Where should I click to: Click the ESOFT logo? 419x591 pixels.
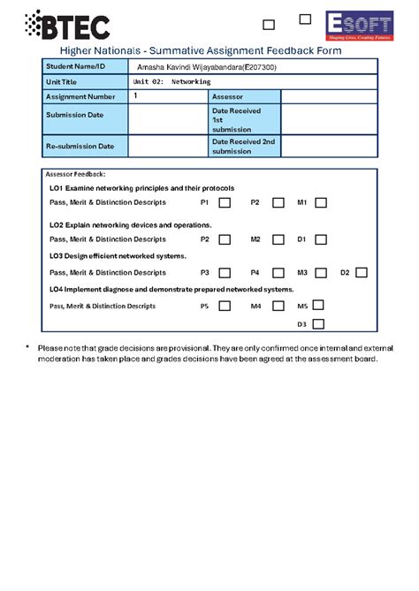(x=358, y=27)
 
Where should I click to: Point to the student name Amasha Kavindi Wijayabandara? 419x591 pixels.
(x=211, y=67)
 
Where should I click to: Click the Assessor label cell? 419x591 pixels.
(x=243, y=96)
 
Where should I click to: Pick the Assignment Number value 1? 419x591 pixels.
(x=135, y=95)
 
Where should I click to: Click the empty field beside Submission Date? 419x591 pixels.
(x=167, y=117)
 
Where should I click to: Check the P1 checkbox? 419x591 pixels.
(x=225, y=203)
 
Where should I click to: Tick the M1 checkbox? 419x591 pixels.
(x=321, y=203)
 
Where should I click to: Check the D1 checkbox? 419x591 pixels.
(x=321, y=239)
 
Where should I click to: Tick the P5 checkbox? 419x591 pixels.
(x=225, y=306)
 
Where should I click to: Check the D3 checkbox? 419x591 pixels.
(x=317, y=324)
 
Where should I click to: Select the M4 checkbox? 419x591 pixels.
(x=278, y=306)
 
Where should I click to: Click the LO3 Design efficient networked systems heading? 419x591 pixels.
(x=118, y=256)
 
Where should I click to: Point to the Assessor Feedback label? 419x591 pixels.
(x=77, y=175)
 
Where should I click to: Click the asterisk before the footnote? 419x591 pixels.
(x=27, y=348)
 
